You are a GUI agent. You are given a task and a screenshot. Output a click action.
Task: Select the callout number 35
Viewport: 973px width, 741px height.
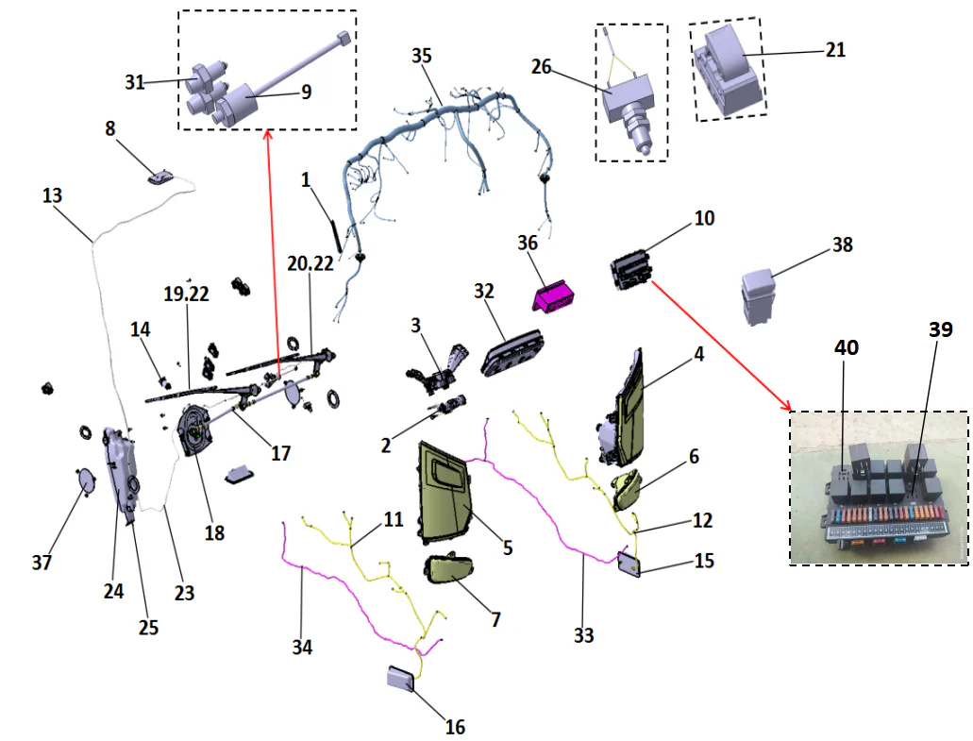tap(421, 56)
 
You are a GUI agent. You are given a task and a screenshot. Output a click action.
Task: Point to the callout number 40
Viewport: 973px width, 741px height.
tap(847, 346)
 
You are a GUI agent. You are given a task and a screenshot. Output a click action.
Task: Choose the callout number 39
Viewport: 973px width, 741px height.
tap(939, 329)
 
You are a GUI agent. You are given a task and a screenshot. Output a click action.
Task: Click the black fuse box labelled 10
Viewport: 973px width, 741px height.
tap(629, 270)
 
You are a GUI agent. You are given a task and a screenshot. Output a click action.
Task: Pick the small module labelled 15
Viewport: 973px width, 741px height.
tap(629, 564)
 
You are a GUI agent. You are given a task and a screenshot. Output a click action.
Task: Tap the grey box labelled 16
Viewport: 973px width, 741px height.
tap(401, 680)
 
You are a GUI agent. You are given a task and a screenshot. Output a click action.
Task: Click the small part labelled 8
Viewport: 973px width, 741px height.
tap(161, 176)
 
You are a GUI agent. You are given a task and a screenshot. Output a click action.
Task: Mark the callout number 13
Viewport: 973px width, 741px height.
tap(52, 196)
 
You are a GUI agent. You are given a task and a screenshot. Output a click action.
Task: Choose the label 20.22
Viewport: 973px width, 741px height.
tap(310, 265)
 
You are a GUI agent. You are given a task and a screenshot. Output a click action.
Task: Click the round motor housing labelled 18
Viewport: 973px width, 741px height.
tap(200, 430)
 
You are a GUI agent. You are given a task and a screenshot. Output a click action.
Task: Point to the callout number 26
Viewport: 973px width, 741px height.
tap(541, 67)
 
